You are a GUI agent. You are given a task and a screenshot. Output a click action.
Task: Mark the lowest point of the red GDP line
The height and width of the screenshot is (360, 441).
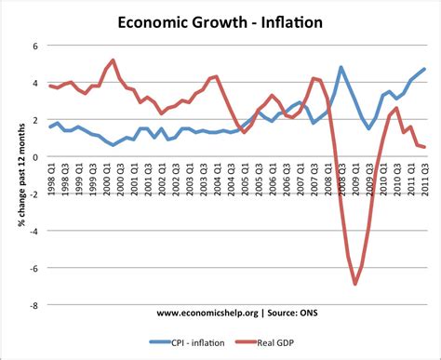point(355,284)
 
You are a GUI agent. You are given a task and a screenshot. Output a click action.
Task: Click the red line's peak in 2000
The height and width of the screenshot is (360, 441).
point(113,60)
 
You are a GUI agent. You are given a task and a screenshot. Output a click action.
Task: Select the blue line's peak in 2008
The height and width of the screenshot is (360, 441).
point(341,67)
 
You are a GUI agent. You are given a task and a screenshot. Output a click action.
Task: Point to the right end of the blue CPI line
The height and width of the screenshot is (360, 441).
point(425,69)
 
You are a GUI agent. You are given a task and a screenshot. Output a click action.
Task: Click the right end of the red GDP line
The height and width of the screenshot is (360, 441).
point(425,147)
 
